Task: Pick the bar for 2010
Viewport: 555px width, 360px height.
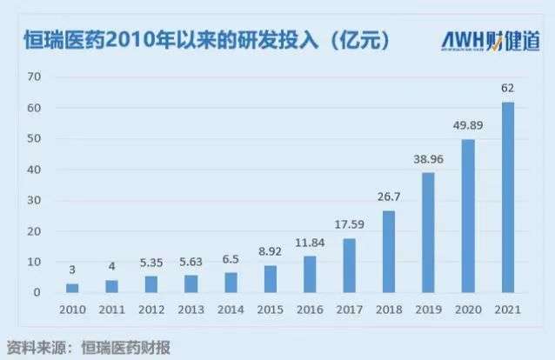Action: point(72,288)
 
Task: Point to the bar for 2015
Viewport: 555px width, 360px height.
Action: point(270,279)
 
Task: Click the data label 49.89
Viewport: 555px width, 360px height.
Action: point(468,125)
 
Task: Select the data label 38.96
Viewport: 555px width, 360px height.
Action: point(428,159)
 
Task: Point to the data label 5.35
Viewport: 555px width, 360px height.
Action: point(151,263)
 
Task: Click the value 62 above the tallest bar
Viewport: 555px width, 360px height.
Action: point(508,88)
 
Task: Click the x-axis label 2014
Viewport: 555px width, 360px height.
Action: point(230,310)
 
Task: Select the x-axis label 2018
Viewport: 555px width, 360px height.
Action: point(388,310)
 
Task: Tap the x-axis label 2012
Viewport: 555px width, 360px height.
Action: point(151,310)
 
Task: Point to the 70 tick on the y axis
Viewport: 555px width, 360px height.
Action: point(35,77)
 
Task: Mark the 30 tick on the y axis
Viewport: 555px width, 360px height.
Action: point(35,201)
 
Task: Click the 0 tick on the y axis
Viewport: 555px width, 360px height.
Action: point(38,293)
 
